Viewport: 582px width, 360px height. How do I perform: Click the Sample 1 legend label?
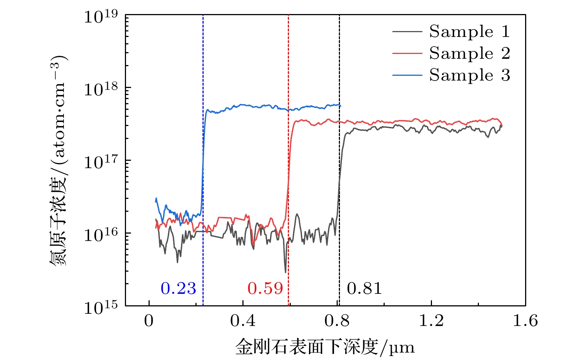pyautogui.click(x=469, y=32)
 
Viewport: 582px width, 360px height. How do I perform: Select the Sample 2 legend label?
pyautogui.click(x=469, y=54)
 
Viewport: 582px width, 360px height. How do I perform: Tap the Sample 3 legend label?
pyautogui.click(x=469, y=75)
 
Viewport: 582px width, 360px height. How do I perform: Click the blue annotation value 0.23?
pyautogui.click(x=178, y=289)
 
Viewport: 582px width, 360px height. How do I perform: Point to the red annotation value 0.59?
pyautogui.click(x=265, y=289)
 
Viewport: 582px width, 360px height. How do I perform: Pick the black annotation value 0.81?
pyautogui.click(x=364, y=289)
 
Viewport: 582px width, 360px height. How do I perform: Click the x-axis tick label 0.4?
pyautogui.click(x=243, y=321)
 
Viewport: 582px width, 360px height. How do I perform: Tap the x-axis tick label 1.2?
pyautogui.click(x=431, y=321)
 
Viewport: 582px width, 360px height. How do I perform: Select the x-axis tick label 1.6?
pyautogui.click(x=525, y=321)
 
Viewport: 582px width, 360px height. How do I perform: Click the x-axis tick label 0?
pyautogui.click(x=149, y=321)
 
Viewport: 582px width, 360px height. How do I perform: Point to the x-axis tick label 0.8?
pyautogui.click(x=337, y=321)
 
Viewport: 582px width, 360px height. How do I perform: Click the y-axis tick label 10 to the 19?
pyautogui.click(x=101, y=17)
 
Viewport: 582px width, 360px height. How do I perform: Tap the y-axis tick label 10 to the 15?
pyautogui.click(x=101, y=308)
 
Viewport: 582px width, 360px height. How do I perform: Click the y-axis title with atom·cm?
pyautogui.click(x=58, y=161)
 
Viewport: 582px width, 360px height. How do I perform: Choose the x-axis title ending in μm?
pyautogui.click(x=325, y=347)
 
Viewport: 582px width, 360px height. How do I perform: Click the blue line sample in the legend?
pyautogui.click(x=407, y=75)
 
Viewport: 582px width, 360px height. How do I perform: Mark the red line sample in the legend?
pyautogui.click(x=407, y=54)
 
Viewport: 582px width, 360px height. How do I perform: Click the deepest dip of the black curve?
pyautogui.click(x=285, y=272)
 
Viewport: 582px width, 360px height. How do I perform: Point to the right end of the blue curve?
pyautogui.click(x=340, y=106)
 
